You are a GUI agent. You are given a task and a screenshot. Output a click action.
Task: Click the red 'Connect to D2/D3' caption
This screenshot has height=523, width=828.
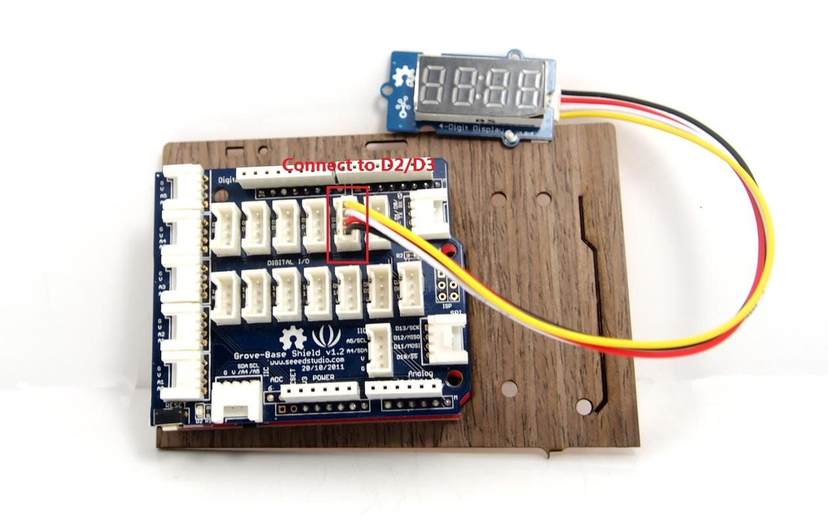pyautogui.click(x=359, y=164)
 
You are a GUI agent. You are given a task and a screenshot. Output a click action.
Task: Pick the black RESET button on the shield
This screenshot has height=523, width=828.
pyautogui.click(x=167, y=416)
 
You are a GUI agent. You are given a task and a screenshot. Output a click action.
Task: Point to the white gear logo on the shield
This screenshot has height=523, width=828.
pyautogui.click(x=292, y=338)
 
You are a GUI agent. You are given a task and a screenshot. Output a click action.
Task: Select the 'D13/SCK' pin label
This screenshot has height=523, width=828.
pyautogui.click(x=409, y=328)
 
